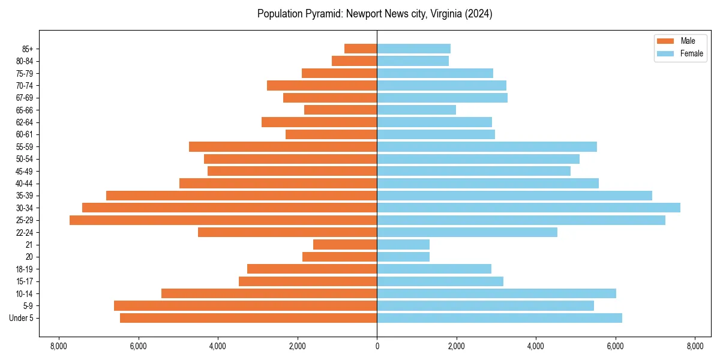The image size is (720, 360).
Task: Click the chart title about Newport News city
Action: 374,14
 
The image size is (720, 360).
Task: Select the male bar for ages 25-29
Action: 223,220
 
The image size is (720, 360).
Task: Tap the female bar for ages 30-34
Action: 528,208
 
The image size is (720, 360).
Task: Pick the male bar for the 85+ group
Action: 361,49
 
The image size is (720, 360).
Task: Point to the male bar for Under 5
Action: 248,318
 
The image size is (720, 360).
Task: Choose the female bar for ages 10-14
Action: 496,293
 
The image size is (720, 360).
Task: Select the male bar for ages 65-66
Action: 340,110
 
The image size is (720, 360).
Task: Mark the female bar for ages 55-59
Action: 487,147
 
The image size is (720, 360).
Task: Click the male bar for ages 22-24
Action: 287,232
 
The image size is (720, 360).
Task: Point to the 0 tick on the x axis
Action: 377,346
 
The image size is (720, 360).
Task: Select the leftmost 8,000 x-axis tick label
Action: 59,346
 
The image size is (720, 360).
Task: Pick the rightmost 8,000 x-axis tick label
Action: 695,346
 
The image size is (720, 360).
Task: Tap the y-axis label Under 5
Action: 22,318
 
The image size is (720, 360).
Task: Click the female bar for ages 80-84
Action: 413,61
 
